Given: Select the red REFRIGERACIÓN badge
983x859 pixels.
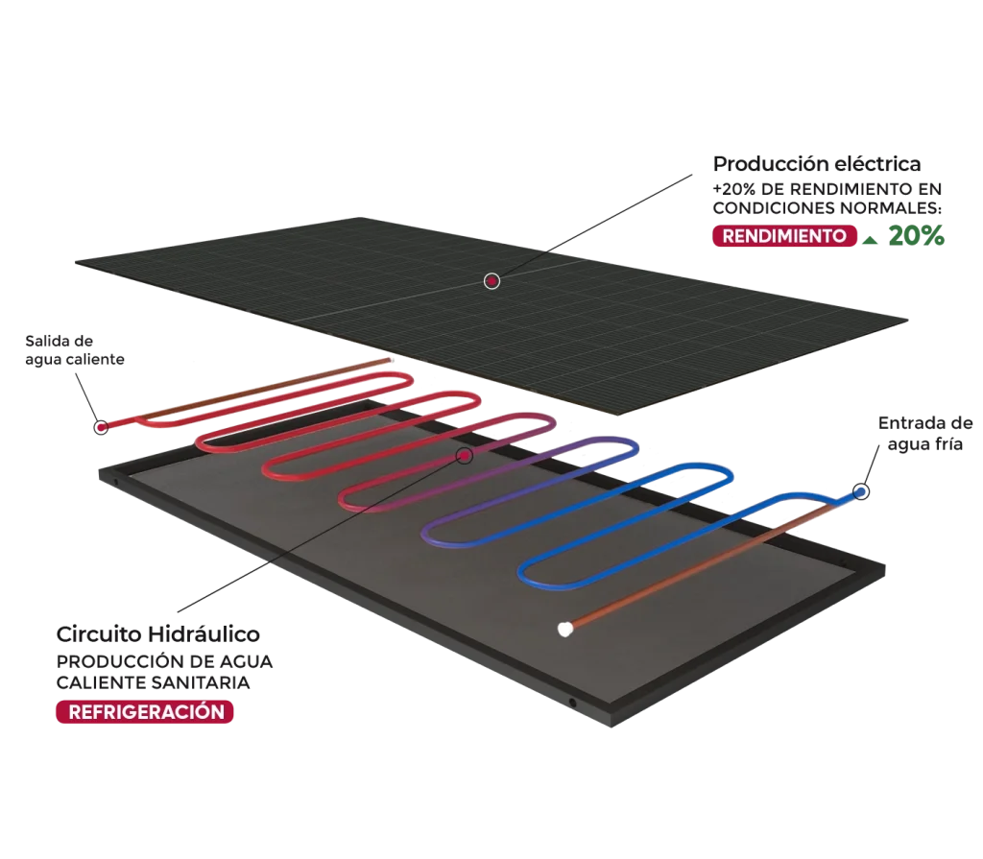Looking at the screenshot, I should (x=146, y=712).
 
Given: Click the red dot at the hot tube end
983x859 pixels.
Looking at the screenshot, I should (x=101, y=427).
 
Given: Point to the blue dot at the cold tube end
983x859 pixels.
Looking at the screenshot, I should (x=860, y=491).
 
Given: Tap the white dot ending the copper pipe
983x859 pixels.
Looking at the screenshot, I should (x=565, y=630).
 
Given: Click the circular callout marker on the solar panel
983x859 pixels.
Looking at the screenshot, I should (x=491, y=280).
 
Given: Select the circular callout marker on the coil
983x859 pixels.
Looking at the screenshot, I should (x=465, y=455).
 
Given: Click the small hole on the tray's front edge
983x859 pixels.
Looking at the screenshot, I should (x=573, y=704).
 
